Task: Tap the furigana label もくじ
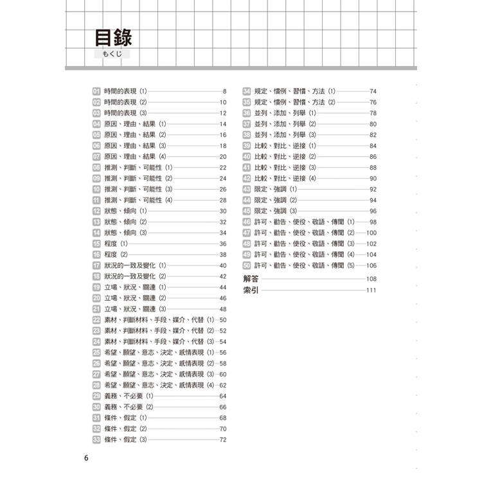(x=112, y=54)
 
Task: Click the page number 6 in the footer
(x=87, y=458)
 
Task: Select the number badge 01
(x=96, y=91)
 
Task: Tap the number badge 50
(x=246, y=265)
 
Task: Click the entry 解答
(x=251, y=278)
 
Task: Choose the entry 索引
(x=251, y=290)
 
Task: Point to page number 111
(x=370, y=290)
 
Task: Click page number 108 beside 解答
(x=370, y=278)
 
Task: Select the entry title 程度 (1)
(x=116, y=244)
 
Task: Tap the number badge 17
(x=96, y=265)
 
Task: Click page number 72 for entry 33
(x=223, y=440)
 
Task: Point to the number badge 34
(x=246, y=91)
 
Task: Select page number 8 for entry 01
(x=225, y=91)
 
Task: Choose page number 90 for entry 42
(x=373, y=178)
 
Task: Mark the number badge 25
(x=96, y=352)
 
